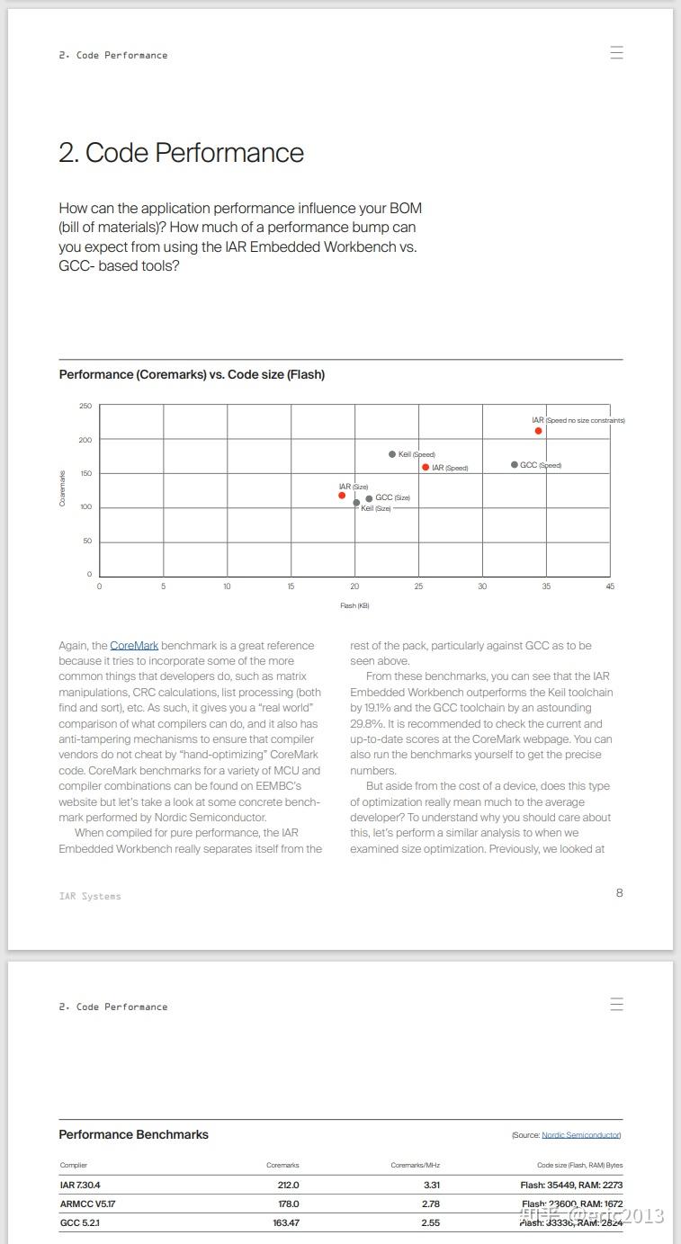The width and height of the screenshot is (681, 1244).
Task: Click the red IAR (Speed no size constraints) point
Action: click(538, 431)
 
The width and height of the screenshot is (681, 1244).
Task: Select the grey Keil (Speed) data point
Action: click(392, 454)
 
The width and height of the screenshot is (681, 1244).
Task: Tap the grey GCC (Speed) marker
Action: click(515, 465)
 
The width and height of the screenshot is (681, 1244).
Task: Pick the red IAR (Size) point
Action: click(342, 496)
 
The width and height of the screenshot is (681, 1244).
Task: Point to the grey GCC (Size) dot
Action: click(369, 498)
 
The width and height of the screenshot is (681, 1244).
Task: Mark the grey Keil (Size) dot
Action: click(356, 503)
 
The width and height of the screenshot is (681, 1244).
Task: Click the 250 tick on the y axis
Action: click(85, 406)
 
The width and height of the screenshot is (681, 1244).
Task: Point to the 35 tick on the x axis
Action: click(546, 586)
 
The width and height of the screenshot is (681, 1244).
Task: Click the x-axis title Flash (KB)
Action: click(354, 605)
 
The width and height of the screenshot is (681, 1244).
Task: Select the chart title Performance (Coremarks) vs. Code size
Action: click(192, 374)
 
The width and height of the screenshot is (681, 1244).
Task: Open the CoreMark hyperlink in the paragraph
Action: click(134, 646)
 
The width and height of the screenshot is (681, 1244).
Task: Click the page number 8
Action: click(619, 892)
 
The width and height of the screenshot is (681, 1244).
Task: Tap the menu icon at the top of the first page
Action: click(616, 52)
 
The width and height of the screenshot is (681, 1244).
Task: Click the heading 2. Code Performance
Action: click(181, 153)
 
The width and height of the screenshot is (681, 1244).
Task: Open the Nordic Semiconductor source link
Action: click(580, 1135)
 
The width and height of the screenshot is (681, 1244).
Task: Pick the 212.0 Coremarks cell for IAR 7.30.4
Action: click(288, 1185)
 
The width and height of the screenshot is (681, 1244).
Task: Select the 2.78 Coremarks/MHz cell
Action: click(430, 1204)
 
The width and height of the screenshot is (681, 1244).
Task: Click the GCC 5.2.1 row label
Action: click(79, 1222)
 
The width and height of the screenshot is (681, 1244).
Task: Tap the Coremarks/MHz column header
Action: click(415, 1165)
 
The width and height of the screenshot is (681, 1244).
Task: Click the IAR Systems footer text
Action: click(90, 896)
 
